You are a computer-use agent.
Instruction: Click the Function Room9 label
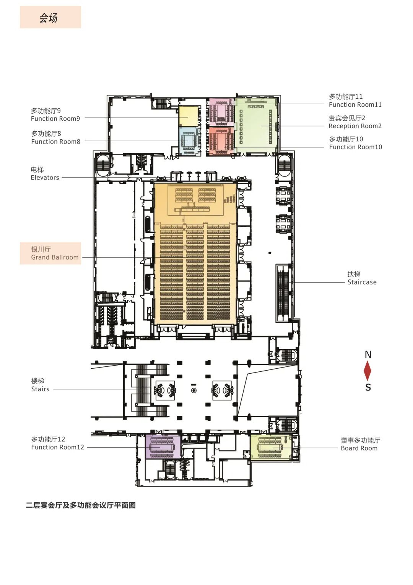click(x=55, y=115)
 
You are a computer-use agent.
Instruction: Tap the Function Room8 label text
click(x=55, y=138)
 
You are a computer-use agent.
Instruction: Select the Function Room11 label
click(x=355, y=101)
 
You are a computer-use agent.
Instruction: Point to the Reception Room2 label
click(x=355, y=122)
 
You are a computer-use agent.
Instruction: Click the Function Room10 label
click(x=355, y=143)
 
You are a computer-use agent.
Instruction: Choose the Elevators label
click(x=45, y=174)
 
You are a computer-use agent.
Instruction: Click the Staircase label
click(x=362, y=278)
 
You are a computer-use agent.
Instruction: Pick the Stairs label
click(x=40, y=385)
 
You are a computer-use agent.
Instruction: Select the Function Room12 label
click(x=57, y=443)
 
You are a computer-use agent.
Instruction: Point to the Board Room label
click(x=360, y=444)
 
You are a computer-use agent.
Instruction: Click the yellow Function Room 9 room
click(x=189, y=116)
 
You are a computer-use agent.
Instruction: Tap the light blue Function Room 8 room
click(x=189, y=141)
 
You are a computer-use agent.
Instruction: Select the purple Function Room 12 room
click(x=163, y=446)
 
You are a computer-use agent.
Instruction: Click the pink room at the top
click(x=221, y=111)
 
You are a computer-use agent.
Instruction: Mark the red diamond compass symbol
click(x=367, y=371)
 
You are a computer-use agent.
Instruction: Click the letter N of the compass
click(x=368, y=355)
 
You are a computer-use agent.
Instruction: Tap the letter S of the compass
click(x=368, y=387)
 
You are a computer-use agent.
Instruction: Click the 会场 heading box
click(x=50, y=17)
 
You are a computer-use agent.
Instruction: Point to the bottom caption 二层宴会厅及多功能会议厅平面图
click(x=81, y=505)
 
